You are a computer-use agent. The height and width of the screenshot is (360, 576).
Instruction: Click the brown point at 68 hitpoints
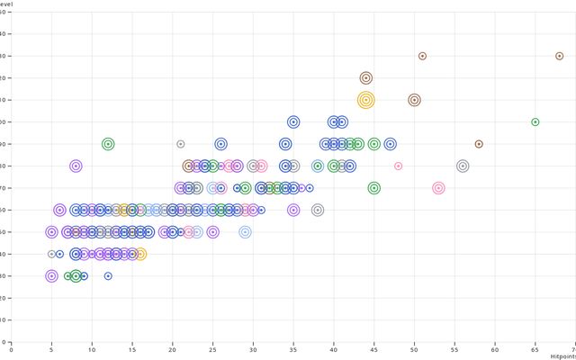point(559,56)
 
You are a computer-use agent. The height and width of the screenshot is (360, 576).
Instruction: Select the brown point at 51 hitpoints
point(422,56)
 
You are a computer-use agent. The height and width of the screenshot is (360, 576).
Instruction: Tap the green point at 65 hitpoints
point(535,121)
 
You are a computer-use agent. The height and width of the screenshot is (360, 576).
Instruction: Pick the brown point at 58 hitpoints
point(479,144)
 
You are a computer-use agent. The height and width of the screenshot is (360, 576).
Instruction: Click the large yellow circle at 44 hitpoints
point(365,100)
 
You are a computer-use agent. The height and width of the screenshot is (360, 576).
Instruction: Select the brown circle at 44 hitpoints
point(365,78)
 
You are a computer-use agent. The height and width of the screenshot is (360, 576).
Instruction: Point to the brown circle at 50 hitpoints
point(414,100)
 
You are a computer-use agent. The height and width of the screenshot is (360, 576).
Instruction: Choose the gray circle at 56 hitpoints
point(463,166)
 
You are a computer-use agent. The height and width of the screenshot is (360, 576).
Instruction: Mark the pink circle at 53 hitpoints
point(438,188)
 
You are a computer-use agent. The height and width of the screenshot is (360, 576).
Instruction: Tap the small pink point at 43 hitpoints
point(398,166)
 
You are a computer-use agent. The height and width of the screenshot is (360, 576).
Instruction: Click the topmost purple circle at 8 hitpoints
point(76,166)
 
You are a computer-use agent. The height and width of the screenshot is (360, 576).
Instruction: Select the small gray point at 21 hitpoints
point(180,144)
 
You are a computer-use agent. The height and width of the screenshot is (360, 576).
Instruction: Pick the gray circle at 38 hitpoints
point(318,210)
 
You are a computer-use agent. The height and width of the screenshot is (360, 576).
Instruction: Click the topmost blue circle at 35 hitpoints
point(293,121)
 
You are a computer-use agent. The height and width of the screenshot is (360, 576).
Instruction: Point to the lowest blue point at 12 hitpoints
point(108,276)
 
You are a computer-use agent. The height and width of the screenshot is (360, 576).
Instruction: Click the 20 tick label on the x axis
point(172,350)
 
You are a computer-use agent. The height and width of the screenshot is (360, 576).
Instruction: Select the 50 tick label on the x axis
point(414,350)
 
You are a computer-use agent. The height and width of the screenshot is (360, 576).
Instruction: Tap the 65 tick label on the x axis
point(535,350)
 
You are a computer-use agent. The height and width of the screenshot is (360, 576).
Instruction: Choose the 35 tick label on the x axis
point(293,350)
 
